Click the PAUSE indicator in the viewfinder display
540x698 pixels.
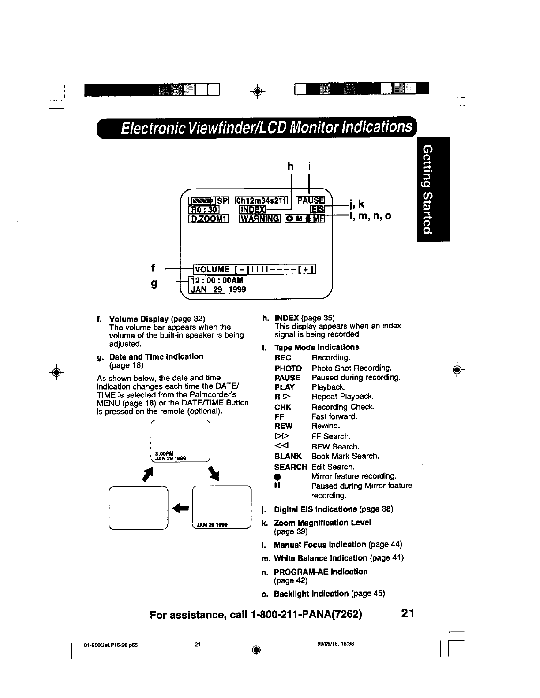coord(310,200)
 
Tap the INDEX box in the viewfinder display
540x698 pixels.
coord(253,209)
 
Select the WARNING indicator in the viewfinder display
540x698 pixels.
coord(260,219)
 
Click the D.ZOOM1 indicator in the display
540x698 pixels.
coord(208,219)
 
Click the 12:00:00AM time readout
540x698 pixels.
coord(217,280)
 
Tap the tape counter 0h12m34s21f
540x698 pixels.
coord(262,200)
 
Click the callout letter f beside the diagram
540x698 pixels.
coord(153,267)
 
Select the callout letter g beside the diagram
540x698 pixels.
coord(154,284)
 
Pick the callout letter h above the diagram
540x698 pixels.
coord(290,166)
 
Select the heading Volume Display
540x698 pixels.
coord(139,318)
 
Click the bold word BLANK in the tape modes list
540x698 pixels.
coord(288,456)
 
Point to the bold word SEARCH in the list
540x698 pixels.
coord(290,467)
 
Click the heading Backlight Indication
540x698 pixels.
coord(311,594)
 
